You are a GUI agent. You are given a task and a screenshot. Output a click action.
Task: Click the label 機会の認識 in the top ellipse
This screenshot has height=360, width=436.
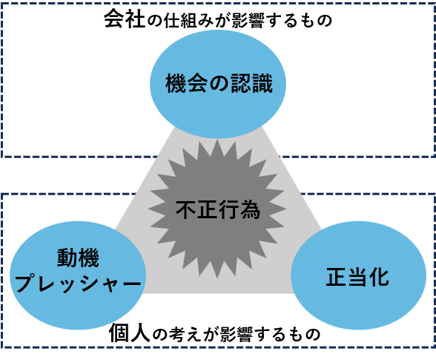pos(219,83)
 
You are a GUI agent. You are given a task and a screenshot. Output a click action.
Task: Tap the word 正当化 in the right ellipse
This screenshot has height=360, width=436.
pos(357,277)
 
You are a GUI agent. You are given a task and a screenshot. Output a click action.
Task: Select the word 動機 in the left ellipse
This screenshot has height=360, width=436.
pos(78,258)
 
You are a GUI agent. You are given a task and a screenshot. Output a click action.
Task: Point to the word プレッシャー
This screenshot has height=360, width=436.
pos(78,283)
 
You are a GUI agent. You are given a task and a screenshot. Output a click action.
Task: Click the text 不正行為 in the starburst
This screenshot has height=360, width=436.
pos(218,209)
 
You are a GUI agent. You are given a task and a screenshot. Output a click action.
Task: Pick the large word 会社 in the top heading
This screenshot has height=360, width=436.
pos(125,19)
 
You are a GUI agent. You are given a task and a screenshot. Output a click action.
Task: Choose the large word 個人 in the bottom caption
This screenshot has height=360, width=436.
pos(130,333)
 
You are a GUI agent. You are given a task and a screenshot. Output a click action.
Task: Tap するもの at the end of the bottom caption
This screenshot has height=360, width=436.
pos(288,334)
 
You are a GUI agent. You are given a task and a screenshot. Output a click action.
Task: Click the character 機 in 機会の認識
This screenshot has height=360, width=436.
pos(176,83)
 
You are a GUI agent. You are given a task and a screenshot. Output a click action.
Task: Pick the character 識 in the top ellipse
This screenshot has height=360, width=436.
pos(262,83)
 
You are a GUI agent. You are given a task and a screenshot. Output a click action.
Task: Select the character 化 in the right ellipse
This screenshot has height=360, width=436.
pos(379,277)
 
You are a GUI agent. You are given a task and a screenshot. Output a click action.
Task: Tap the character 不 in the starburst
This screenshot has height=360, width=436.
pos(186,209)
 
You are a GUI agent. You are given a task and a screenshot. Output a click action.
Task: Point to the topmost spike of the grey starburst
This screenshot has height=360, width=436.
pos(217,140)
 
